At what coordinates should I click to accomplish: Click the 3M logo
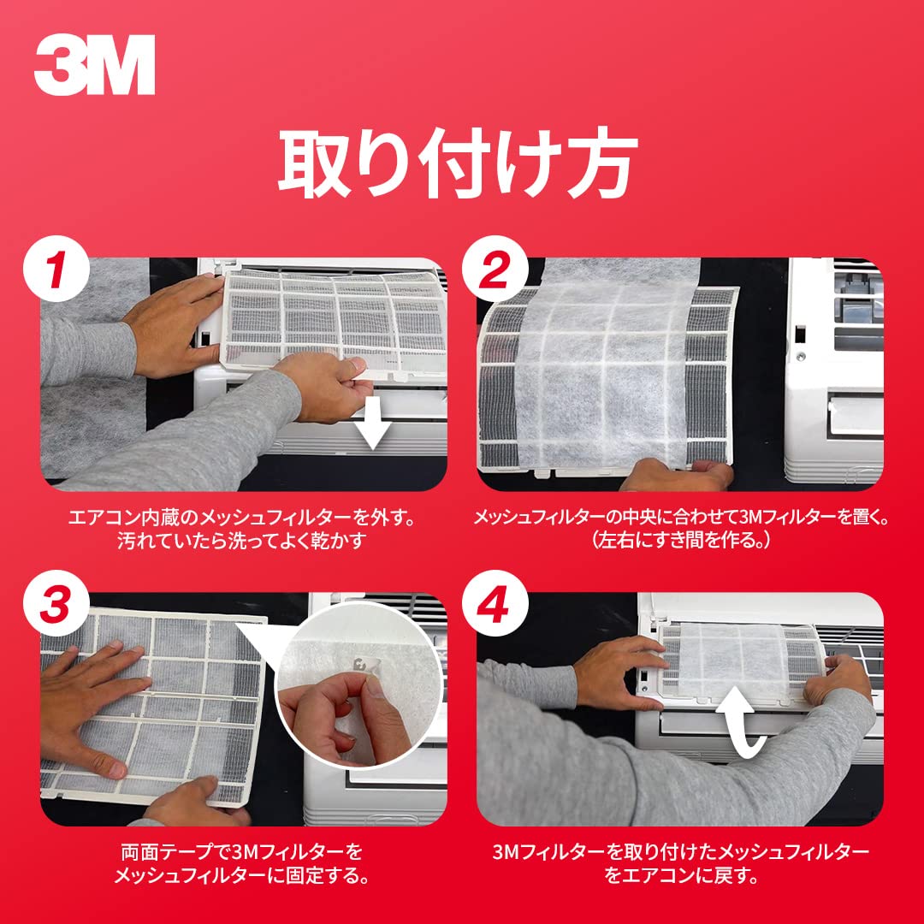click(x=95, y=64)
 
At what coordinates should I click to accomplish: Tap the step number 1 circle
click(x=56, y=269)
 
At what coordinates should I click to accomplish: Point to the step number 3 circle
click(x=56, y=603)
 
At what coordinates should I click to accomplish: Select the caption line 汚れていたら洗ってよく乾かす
click(x=241, y=541)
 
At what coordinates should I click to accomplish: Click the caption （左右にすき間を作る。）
click(x=681, y=540)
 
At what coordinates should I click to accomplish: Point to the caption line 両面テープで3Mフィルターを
click(x=241, y=852)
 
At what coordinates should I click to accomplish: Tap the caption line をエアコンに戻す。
click(x=681, y=876)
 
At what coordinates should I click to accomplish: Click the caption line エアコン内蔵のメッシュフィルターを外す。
click(x=241, y=518)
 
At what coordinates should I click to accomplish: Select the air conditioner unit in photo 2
click(x=834, y=371)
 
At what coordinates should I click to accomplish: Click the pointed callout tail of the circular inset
click(x=259, y=639)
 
